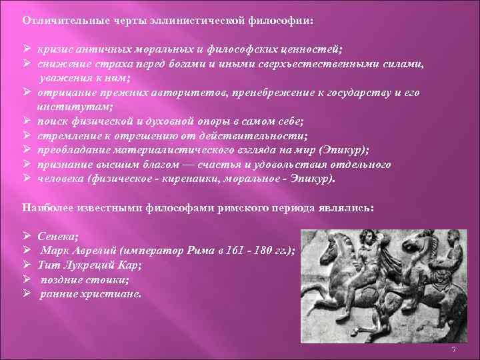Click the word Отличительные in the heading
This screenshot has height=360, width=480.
coord(55,19)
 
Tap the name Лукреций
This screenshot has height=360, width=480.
coord(89,265)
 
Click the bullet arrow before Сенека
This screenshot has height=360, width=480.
coord(26,236)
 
